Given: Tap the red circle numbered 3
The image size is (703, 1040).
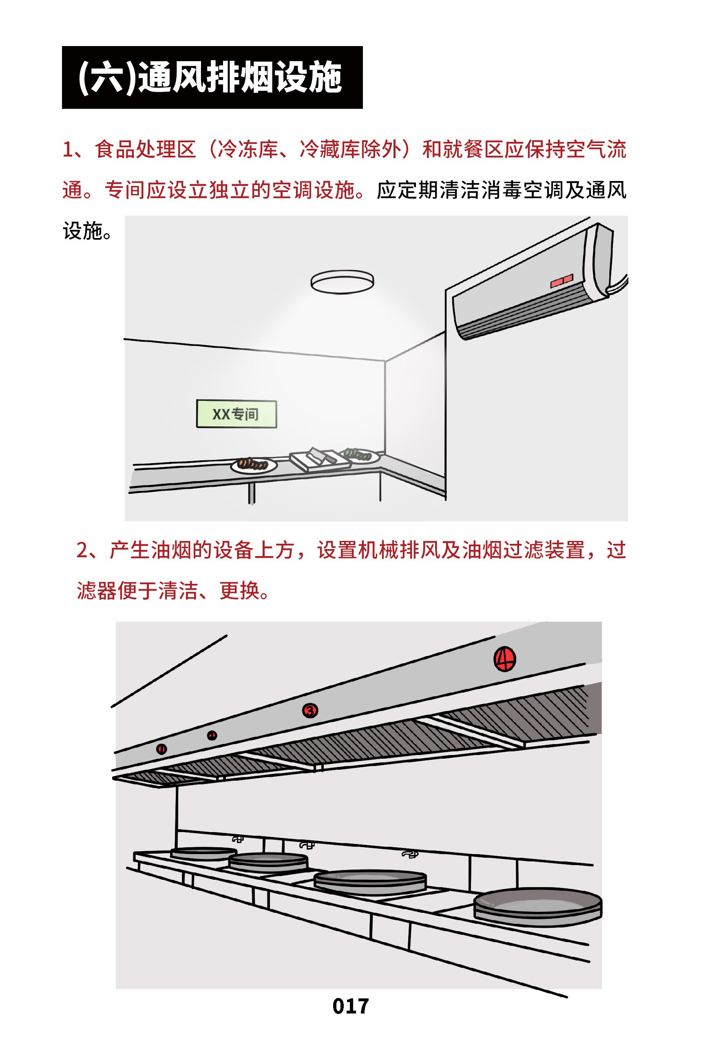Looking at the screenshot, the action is pos(309,710).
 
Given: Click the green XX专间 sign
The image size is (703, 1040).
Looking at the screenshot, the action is pos(236,414).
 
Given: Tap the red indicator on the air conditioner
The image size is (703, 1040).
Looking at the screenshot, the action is pos(561,280).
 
